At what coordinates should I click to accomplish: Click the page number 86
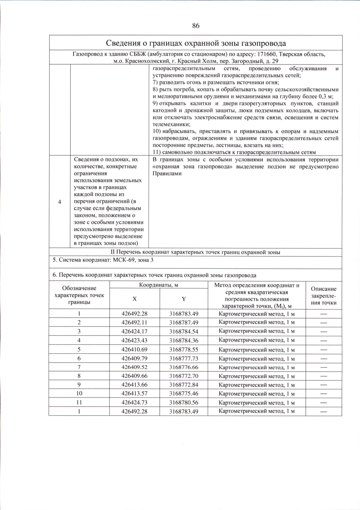click(196, 26)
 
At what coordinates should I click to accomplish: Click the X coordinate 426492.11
click(134, 322)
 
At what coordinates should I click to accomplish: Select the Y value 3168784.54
click(184, 331)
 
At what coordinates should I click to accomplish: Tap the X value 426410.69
click(134, 349)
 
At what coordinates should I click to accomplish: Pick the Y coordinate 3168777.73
click(184, 358)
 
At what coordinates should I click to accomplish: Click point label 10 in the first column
click(79, 393)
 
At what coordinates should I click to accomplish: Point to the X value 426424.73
click(134, 402)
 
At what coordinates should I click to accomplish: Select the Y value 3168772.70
click(184, 376)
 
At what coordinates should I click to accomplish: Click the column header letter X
click(135, 299)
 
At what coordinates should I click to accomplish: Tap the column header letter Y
click(184, 299)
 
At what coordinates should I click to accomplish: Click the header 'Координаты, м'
click(158, 285)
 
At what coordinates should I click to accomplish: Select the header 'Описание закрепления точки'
click(323, 295)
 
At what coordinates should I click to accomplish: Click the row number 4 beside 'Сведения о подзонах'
click(59, 202)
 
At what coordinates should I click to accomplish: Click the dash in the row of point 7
click(323, 367)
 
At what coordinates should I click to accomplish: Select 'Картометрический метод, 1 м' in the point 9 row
click(256, 385)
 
